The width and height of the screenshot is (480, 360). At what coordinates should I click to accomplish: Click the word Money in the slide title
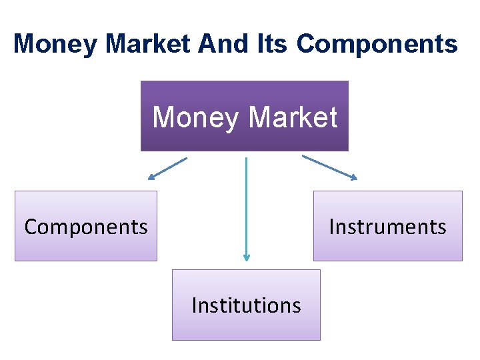[55, 44]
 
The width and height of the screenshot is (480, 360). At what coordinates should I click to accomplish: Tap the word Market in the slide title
[148, 44]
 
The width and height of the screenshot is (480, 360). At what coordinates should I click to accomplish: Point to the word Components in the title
[377, 44]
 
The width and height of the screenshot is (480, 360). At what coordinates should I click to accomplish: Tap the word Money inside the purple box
[195, 117]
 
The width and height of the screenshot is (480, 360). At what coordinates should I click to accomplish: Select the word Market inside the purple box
[293, 117]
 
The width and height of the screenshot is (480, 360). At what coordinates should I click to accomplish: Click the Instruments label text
[387, 227]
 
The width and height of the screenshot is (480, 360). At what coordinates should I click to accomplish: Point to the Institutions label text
[246, 305]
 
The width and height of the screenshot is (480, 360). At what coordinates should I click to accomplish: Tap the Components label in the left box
[86, 227]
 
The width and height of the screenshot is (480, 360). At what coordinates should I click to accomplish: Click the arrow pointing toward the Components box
[168, 168]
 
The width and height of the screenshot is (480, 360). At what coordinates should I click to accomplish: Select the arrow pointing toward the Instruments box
[329, 167]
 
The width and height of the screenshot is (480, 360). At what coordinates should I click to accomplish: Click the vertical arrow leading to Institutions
[246, 207]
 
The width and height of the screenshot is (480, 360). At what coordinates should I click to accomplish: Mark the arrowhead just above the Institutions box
[246, 257]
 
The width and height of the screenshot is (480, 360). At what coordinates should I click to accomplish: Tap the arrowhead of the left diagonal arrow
[151, 177]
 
